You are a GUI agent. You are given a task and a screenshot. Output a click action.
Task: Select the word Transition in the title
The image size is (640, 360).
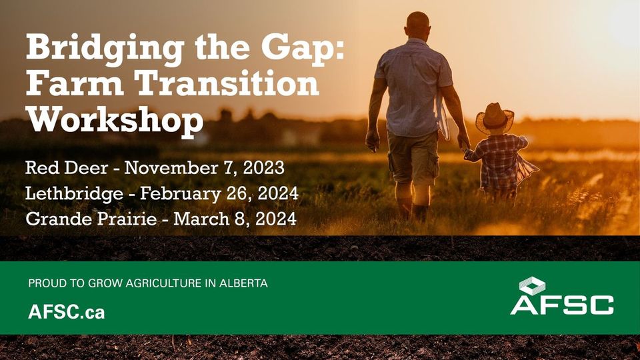coord(227,85)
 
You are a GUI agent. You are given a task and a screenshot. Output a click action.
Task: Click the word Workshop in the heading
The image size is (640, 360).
coord(115,119)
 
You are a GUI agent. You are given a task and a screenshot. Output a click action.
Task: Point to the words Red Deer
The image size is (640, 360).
coord(67,168)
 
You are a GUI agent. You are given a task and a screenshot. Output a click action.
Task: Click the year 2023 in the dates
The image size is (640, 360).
coord(264,168)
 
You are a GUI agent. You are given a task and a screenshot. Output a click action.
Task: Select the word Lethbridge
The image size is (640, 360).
coord(74,193)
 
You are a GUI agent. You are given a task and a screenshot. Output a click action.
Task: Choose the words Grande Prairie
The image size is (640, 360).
coord(91,219)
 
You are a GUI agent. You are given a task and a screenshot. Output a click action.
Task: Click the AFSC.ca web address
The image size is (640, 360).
coord(67,312)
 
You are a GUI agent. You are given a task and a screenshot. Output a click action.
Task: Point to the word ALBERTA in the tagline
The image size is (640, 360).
coord(243,283)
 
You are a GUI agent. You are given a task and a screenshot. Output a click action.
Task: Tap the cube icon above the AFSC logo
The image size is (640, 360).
coord(532,285)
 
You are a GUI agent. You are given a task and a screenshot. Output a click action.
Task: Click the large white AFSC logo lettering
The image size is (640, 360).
coord(562,305)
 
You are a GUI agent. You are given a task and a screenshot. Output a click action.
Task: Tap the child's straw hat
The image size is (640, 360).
coord(495,117)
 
